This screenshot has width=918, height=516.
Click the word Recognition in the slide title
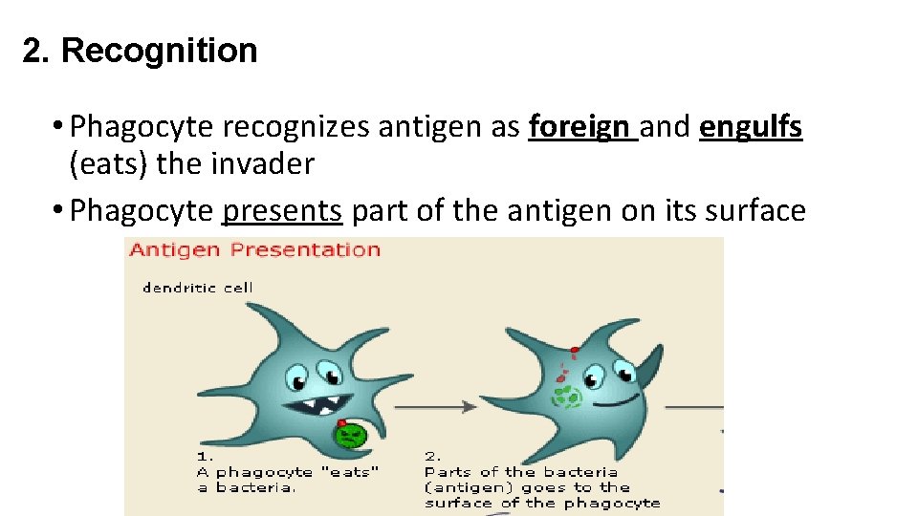click(160, 51)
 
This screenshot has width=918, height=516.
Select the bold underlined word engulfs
click(751, 126)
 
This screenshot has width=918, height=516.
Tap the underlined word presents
click(281, 211)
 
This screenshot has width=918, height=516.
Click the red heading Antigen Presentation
click(254, 250)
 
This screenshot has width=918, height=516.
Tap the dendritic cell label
click(198, 287)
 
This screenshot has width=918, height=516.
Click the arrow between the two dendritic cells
click(435, 406)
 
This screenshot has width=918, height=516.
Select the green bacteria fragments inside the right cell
click(567, 395)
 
